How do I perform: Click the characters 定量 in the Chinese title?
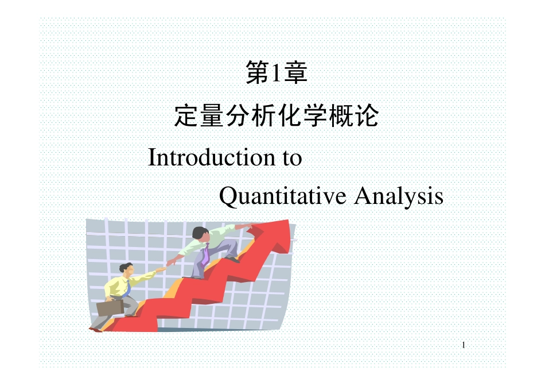point(200,117)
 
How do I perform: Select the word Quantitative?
point(283,196)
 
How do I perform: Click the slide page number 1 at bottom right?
point(463,345)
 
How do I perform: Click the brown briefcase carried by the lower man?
point(110,307)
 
